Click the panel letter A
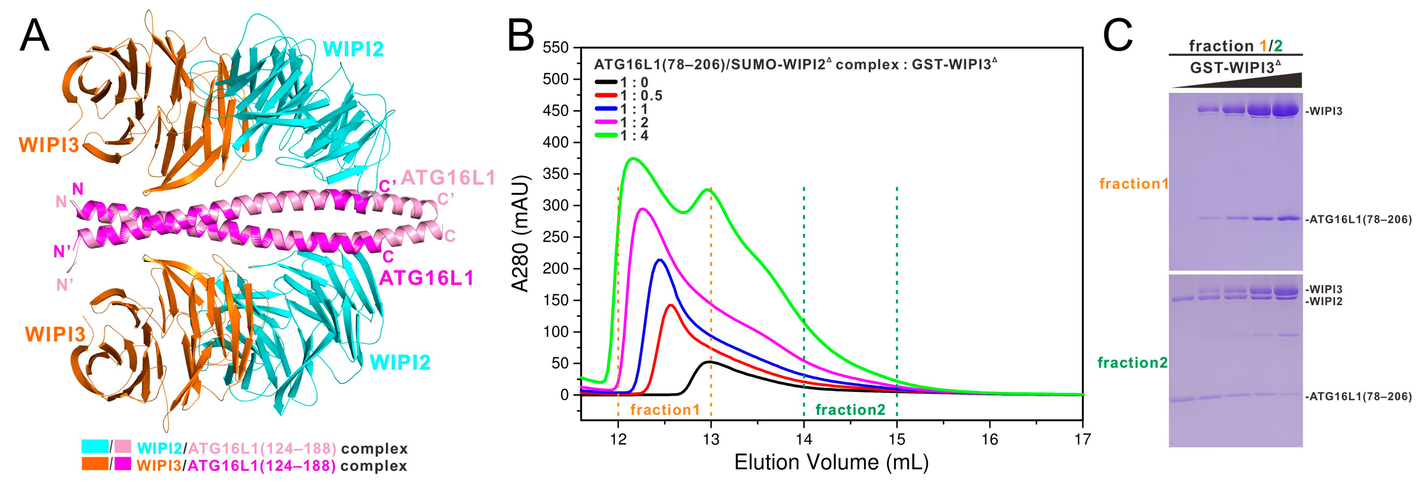pos(34,36)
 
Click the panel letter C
pos(1117,36)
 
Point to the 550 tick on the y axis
pos(556,48)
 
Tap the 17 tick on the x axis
pos(1082,439)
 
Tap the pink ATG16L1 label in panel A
pos(448,178)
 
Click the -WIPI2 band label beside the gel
pos(1324,302)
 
